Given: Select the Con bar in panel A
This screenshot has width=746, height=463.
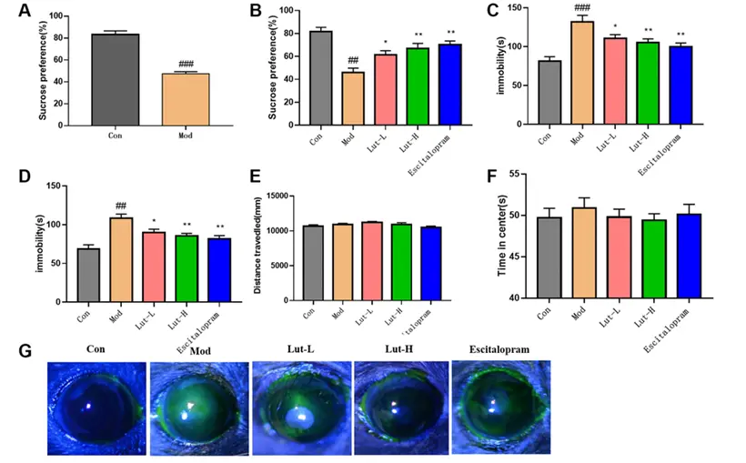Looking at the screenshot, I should click(116, 80).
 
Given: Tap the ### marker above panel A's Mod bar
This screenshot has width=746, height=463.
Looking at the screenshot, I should click(186, 65).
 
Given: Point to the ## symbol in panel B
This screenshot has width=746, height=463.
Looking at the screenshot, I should click(353, 61).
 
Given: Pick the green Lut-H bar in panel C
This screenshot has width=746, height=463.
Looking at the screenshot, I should click(647, 83).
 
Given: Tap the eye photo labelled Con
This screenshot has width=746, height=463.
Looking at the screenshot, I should click(97, 407).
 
